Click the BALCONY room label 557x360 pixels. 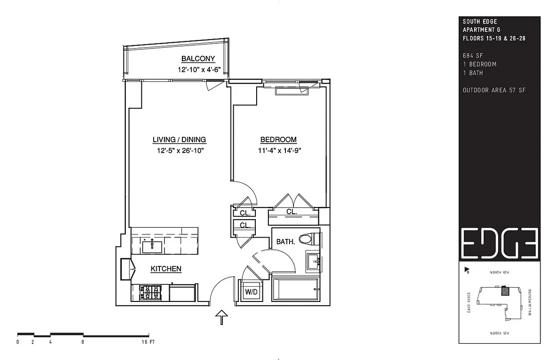[x=198, y=58]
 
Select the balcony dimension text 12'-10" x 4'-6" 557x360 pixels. [x=198, y=70]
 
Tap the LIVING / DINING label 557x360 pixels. [x=179, y=139]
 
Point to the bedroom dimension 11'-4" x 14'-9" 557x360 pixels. [x=280, y=151]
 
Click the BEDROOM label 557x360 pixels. [x=278, y=139]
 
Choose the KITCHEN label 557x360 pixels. [x=166, y=269]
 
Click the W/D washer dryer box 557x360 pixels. [x=251, y=292]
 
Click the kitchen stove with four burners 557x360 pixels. [x=150, y=292]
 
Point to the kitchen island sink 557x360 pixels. [x=152, y=246]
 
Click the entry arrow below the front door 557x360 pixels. [x=222, y=317]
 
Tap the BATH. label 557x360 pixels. [x=285, y=242]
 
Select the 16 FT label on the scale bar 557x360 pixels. [x=149, y=342]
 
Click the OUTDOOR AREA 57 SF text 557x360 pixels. [x=494, y=90]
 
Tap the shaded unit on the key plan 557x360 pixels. [x=506, y=291]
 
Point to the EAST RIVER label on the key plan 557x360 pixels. [x=469, y=303]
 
